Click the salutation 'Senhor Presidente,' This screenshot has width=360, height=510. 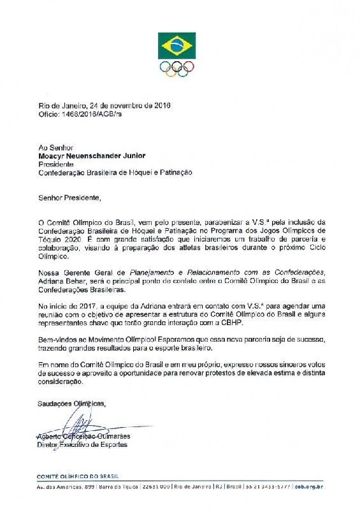(68, 198)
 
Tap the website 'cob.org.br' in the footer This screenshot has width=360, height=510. (310, 486)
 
